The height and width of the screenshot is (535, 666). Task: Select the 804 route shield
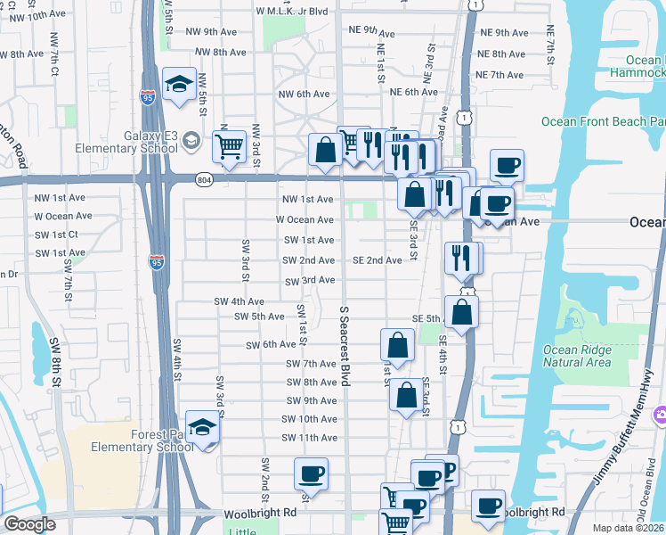tap(205, 179)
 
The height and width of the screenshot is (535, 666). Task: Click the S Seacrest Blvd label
tap(345, 346)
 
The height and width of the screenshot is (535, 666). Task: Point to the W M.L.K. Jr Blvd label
tap(292, 12)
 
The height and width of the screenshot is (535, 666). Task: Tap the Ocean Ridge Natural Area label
tap(577, 356)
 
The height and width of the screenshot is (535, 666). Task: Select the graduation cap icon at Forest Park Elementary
tap(203, 427)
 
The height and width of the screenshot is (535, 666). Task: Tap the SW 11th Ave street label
tap(309, 438)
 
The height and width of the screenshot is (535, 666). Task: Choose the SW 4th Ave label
tap(239, 301)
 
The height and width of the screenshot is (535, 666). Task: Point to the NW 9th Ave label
tap(207, 31)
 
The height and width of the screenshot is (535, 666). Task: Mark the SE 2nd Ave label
tap(377, 260)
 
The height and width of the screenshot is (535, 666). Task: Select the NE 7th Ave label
tap(500, 76)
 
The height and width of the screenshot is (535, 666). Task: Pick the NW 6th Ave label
tap(305, 94)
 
